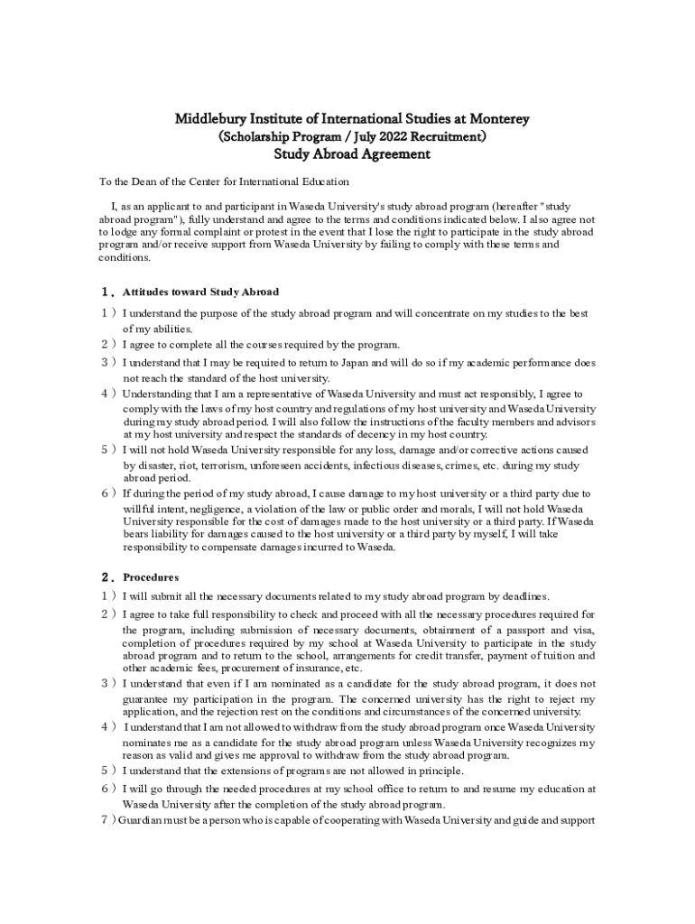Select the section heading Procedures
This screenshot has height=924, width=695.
[151, 577]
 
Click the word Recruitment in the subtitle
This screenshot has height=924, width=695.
[447, 136]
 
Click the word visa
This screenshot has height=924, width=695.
[584, 630]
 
